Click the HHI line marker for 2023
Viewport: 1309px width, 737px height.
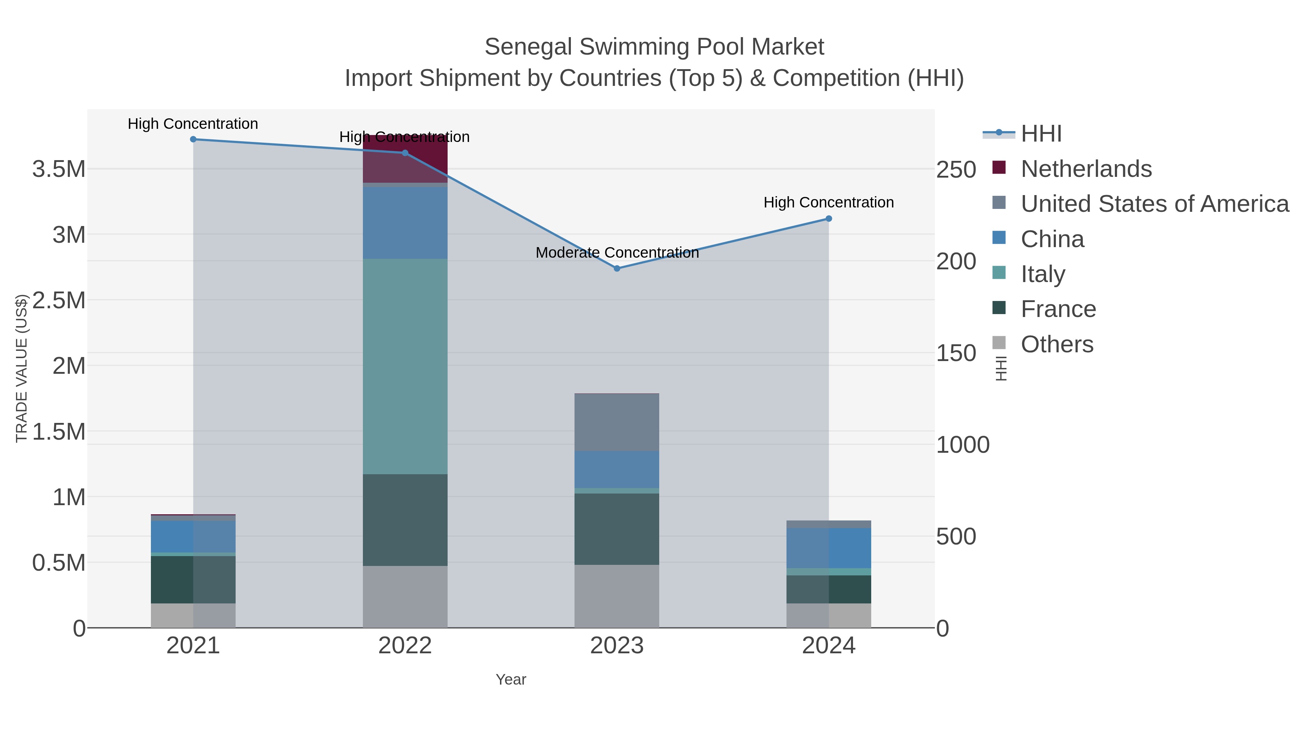(x=617, y=269)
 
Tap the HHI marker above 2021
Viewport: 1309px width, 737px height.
(x=193, y=139)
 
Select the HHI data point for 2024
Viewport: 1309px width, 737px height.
(x=829, y=219)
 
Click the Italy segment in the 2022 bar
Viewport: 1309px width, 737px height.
(x=405, y=366)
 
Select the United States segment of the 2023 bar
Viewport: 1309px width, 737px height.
(x=617, y=422)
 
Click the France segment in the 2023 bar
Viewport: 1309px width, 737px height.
(x=617, y=529)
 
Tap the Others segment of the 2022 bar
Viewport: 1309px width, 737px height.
(x=405, y=597)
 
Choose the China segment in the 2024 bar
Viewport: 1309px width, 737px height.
(x=829, y=548)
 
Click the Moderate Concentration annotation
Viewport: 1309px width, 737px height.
(x=617, y=253)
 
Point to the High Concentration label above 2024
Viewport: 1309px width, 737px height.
(x=828, y=202)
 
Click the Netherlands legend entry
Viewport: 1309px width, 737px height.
(x=1086, y=169)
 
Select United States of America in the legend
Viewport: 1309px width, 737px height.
(x=1154, y=204)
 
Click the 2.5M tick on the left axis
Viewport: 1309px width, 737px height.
(x=59, y=300)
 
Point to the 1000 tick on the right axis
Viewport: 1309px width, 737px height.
(x=962, y=445)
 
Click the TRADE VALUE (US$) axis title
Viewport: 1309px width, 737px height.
(x=21, y=368)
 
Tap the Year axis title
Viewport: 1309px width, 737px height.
(x=511, y=679)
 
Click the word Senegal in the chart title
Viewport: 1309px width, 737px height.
(x=528, y=47)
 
